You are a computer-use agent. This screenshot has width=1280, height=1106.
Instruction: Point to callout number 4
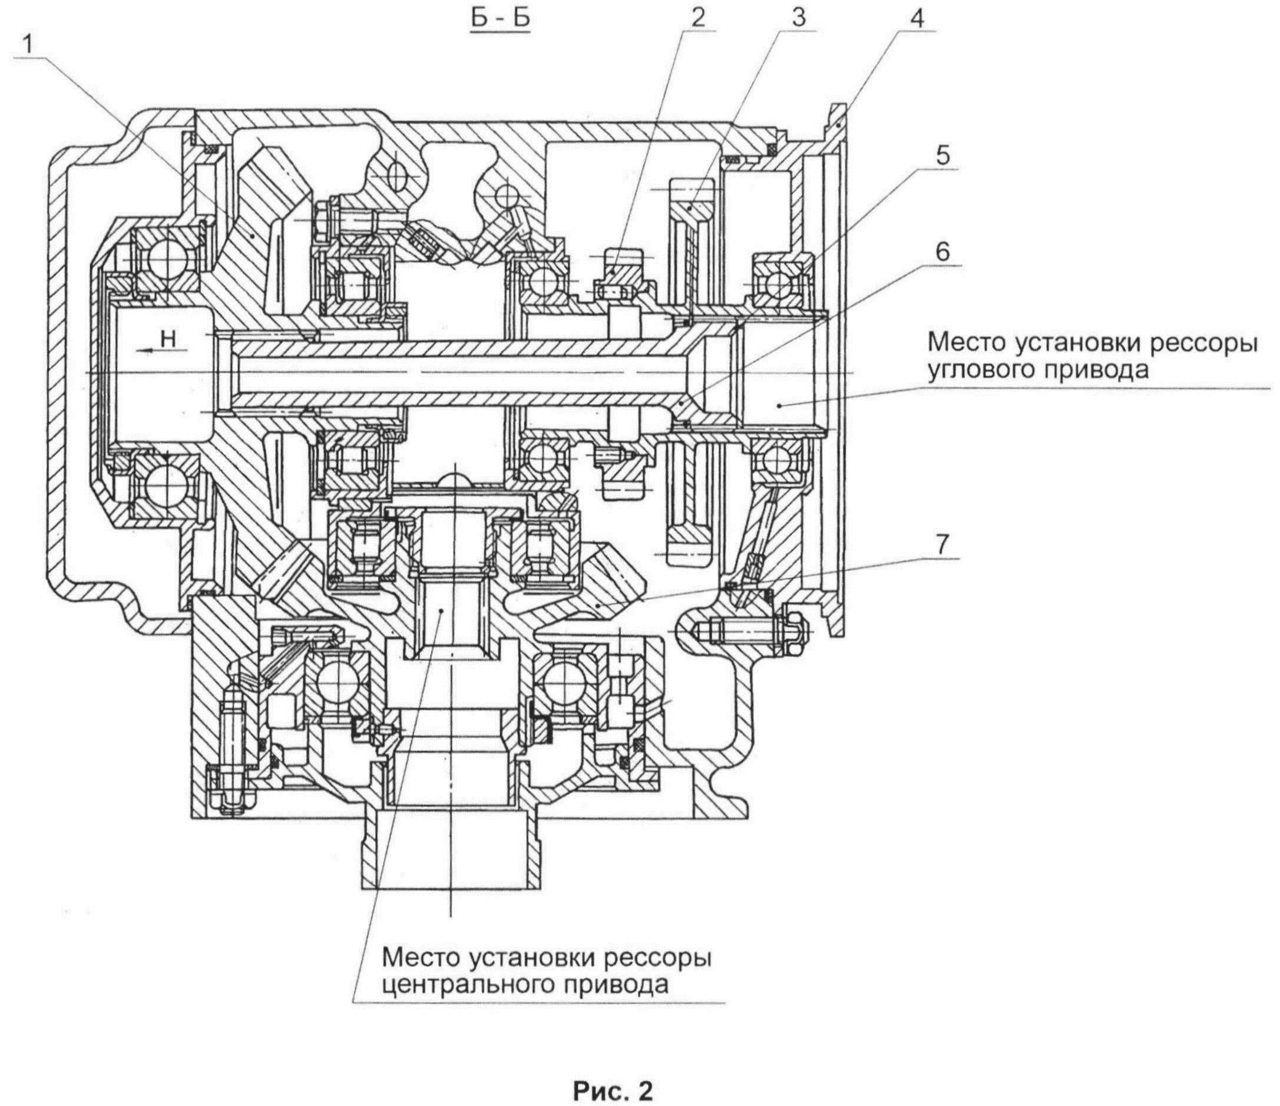[917, 19]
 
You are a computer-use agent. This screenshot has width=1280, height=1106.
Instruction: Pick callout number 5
[942, 155]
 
